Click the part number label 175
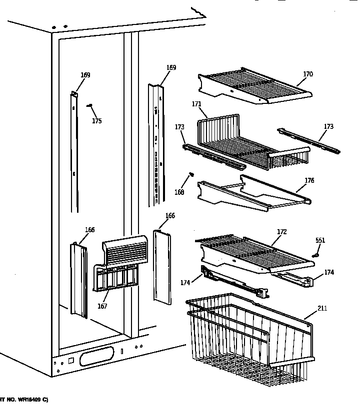pos(96,121)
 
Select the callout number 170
pos(307,74)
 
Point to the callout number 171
pos(196,104)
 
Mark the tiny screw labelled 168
pos(190,175)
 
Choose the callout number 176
pos(309,181)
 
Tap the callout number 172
pos(281,232)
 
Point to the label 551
pos(320,241)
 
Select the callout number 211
pos(322,309)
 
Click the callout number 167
pos(102,306)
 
